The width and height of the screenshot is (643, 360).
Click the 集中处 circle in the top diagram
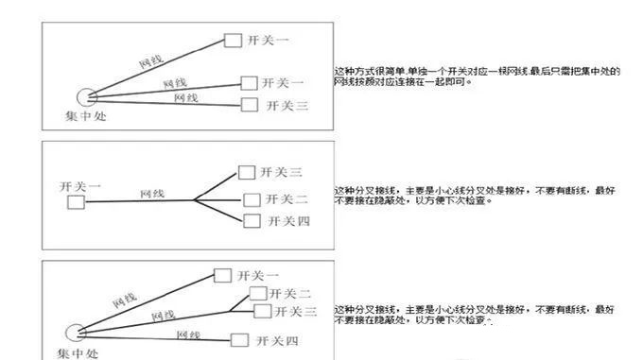tap(88, 98)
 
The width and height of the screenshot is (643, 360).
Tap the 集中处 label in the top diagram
tap(85, 117)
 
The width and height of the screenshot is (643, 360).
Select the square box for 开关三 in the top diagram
tap(250, 106)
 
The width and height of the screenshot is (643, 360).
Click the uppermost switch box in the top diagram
tap(233, 40)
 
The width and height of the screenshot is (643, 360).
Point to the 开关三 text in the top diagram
tap(287, 106)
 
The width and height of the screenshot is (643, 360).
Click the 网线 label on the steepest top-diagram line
tap(151, 59)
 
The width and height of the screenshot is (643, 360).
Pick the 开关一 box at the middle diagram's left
tap(76, 201)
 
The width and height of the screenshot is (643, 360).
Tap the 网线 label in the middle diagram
tap(152, 193)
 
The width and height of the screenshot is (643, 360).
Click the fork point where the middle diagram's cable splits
tap(194, 200)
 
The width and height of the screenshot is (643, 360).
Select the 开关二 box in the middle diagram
tap(252, 199)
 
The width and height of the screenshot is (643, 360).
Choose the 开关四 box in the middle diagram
tap(252, 220)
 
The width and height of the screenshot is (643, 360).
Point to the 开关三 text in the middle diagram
tap(283, 172)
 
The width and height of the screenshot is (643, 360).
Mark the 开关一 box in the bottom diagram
tap(222, 275)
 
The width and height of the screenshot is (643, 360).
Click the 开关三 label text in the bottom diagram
tap(295, 312)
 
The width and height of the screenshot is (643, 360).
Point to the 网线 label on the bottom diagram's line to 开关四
tap(188, 334)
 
